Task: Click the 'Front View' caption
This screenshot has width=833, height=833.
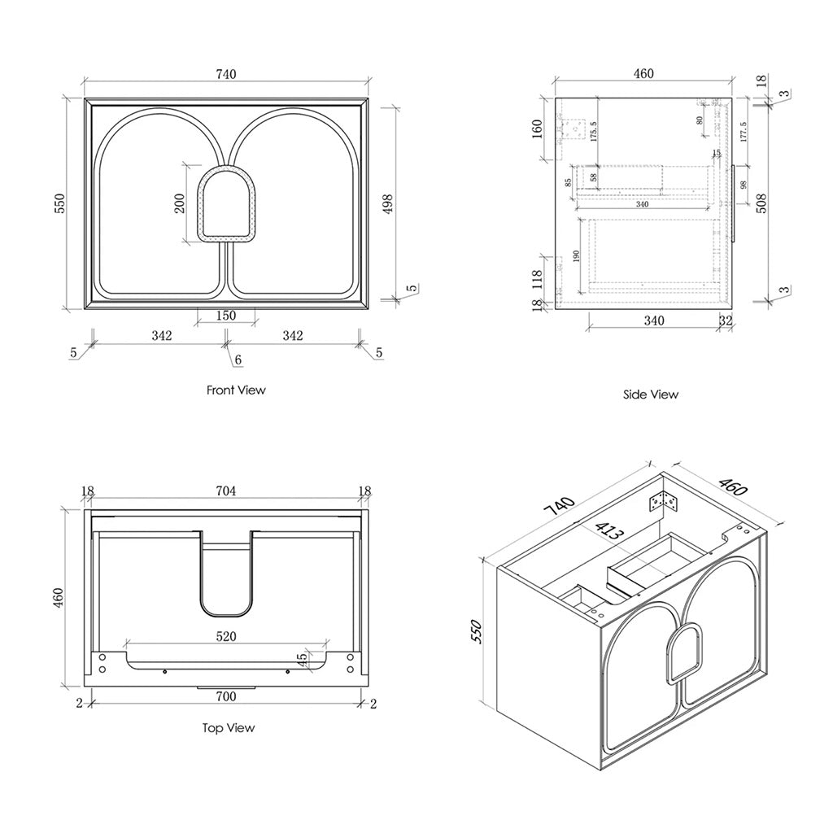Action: (x=236, y=390)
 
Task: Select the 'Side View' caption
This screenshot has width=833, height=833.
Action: (x=650, y=395)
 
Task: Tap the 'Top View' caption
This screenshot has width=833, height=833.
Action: (x=229, y=728)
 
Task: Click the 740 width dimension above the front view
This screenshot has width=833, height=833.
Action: (x=226, y=75)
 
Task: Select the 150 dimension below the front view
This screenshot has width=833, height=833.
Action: (x=225, y=316)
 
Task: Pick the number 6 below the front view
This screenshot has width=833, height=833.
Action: (x=238, y=359)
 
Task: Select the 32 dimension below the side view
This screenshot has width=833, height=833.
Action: (x=726, y=321)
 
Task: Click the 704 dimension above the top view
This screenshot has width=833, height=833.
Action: (x=225, y=491)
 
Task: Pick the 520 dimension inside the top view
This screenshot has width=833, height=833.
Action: (x=225, y=637)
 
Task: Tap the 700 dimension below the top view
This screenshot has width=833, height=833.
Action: (x=225, y=697)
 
